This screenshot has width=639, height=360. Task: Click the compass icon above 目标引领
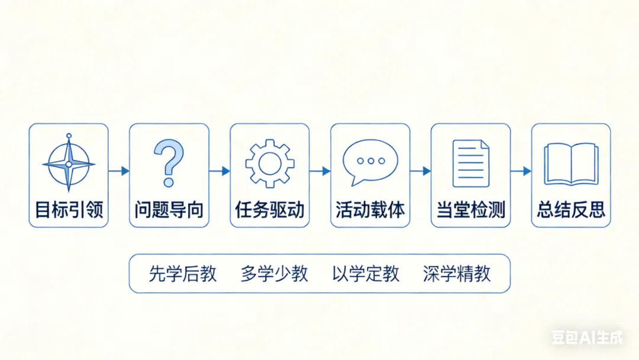69,163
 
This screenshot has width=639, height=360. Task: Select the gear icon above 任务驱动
270,163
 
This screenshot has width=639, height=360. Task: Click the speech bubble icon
370,162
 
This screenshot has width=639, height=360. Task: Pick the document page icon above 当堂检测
470,163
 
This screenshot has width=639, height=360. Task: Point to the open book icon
571,163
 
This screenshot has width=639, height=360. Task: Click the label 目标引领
69,210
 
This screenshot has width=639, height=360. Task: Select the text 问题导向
169,210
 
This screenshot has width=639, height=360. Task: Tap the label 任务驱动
270,210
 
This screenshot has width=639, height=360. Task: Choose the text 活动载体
370,210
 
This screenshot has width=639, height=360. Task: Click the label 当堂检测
470,210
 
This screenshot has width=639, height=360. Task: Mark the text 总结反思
571,210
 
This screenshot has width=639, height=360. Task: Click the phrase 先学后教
183,274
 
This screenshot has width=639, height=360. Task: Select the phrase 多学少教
274,274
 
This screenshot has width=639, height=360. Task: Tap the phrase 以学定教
366,274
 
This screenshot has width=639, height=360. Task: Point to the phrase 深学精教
457,274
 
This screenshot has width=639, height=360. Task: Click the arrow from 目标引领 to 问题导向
119,171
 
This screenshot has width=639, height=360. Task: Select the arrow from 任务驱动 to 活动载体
320,171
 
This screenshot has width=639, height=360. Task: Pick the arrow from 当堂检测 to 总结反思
521,171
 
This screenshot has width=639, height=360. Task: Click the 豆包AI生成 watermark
587,338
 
